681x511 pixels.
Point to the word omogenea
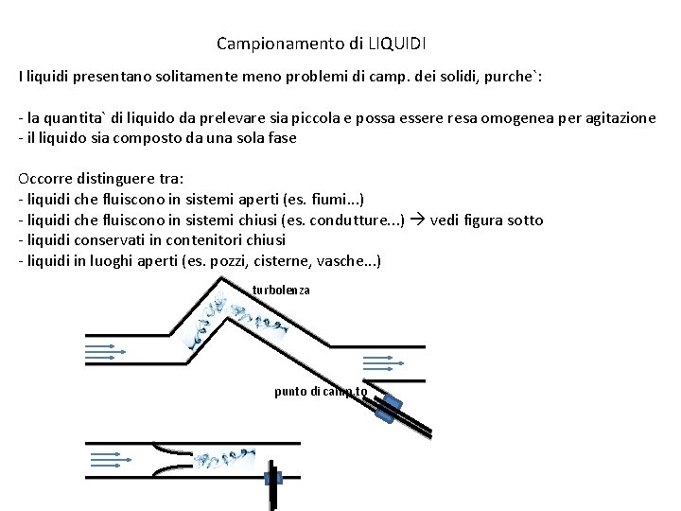click(x=512, y=118)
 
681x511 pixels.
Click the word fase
click(x=280, y=137)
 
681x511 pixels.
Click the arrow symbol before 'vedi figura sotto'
click(x=417, y=220)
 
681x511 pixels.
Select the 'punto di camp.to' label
click(x=321, y=391)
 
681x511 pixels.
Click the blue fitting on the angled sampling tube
click(x=388, y=408)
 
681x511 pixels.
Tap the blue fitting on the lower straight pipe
click(x=274, y=476)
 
